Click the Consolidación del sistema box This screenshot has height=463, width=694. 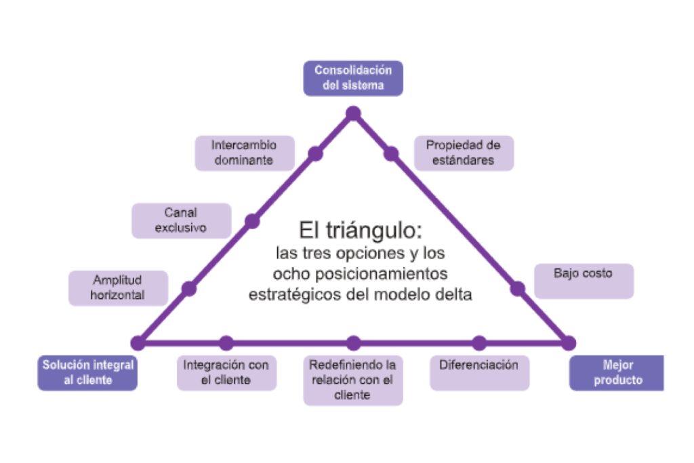353,78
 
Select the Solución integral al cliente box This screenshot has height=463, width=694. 87,372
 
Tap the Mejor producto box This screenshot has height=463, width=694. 617,372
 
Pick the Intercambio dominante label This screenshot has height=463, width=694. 244,153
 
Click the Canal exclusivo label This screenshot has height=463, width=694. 181,220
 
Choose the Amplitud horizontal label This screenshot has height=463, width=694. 118,288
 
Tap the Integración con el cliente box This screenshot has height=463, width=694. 226,372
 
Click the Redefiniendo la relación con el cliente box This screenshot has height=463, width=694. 353,380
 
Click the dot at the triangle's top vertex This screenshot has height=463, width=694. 353,113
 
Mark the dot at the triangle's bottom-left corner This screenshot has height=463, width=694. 138,343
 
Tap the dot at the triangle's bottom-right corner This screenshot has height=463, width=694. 569,343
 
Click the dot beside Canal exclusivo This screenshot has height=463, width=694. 252,221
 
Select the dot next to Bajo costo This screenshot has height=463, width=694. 518,289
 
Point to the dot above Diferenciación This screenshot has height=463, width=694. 479,343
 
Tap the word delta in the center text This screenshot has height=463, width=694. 453,296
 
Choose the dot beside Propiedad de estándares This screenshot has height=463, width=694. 391,154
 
